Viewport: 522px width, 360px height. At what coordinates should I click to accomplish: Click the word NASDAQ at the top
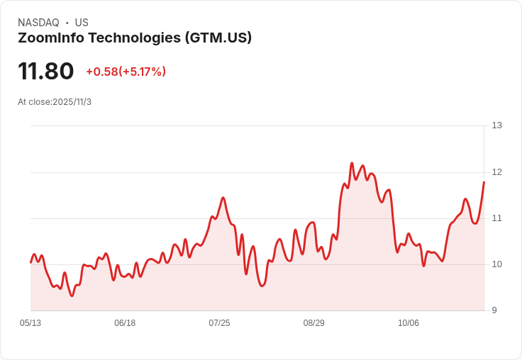click(38, 23)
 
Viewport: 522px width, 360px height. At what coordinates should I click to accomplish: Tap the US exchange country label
click(82, 23)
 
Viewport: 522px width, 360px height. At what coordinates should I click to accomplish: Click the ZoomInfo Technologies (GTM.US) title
click(135, 38)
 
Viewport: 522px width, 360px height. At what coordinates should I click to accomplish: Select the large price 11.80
click(46, 71)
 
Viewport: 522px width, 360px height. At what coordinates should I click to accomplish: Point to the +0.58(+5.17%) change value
click(126, 72)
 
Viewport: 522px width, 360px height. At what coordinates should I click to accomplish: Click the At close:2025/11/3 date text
click(55, 101)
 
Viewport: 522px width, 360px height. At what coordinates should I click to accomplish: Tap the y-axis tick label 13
click(496, 125)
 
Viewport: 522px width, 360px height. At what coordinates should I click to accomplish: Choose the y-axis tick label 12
click(496, 172)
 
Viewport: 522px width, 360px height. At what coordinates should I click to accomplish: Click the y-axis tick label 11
click(496, 218)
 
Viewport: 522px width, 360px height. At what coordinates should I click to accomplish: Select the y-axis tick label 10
click(496, 264)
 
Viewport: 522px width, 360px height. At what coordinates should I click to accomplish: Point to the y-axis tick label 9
click(494, 310)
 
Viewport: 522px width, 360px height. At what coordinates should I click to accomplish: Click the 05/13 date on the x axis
click(30, 323)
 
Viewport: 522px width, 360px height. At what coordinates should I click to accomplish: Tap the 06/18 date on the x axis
click(125, 323)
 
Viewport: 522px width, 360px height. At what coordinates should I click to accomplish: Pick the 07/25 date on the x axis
click(219, 323)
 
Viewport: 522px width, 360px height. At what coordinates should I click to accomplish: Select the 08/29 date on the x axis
click(313, 323)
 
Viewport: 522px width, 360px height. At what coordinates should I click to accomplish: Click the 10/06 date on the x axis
click(409, 323)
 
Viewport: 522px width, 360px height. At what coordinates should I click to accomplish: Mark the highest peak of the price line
click(352, 163)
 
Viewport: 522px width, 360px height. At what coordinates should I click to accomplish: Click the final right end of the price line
click(484, 182)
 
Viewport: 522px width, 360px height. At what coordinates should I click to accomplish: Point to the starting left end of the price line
click(30, 262)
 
